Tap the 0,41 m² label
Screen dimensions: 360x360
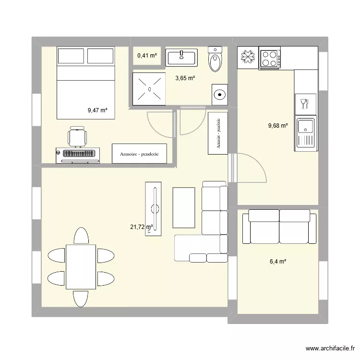click(147, 56)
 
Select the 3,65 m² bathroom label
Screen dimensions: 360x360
click(185, 78)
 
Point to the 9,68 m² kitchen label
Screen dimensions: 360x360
click(278, 126)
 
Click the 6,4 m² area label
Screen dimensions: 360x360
click(278, 262)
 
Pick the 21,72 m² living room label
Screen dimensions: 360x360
click(141, 227)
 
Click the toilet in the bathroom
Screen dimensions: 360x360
click(215, 60)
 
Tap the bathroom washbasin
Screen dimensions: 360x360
click(182, 57)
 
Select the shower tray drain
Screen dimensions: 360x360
click(150, 89)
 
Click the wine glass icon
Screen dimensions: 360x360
click(303, 103)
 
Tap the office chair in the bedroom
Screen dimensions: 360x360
click(77, 136)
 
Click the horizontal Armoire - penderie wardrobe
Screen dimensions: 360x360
click(139, 154)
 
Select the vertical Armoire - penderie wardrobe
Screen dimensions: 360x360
click(218, 133)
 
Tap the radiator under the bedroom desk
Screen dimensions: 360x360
click(77, 154)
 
